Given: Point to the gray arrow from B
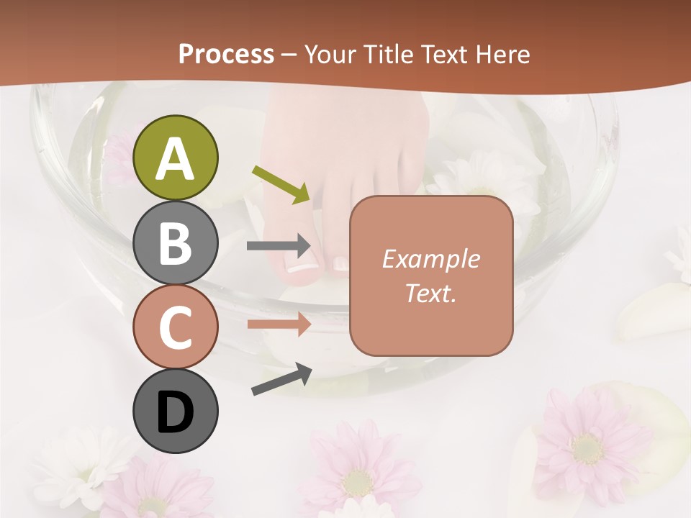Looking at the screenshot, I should click(x=279, y=246).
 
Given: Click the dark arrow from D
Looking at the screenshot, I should click(x=281, y=378).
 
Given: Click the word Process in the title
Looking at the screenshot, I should click(x=226, y=54).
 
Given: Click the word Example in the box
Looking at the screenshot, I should click(x=430, y=259).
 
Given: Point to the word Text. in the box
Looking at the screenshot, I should click(x=430, y=294).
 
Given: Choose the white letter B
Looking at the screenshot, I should click(x=175, y=243).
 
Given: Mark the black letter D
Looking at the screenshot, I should click(x=175, y=412).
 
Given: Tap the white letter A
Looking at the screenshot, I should click(x=175, y=158).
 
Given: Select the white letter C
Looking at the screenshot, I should click(x=175, y=327).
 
